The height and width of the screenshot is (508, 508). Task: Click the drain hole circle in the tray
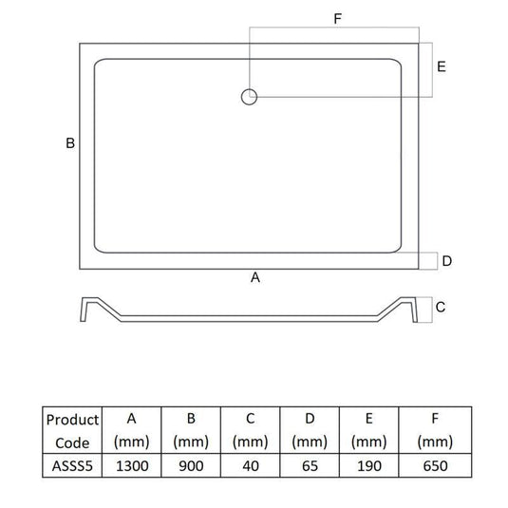[x=249, y=95]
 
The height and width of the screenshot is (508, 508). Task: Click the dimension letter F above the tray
[x=337, y=19]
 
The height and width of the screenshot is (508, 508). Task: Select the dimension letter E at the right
[x=442, y=67]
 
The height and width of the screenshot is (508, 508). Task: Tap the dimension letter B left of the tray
[x=69, y=143]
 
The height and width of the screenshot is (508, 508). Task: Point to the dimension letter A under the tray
[x=254, y=277]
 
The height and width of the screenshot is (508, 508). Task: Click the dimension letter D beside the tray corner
[x=446, y=260]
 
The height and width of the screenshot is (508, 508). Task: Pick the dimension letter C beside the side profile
[x=441, y=307]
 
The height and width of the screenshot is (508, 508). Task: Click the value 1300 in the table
[x=131, y=465]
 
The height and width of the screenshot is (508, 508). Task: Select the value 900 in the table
[x=190, y=465]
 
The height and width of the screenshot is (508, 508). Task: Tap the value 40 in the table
[x=250, y=465]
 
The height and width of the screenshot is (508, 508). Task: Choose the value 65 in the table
[x=310, y=465]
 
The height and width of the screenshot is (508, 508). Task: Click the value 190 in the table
[x=368, y=465]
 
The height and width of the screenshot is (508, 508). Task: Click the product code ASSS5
[x=72, y=465]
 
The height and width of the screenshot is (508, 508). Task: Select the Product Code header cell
[x=72, y=430]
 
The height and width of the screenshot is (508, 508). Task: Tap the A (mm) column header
[x=131, y=430]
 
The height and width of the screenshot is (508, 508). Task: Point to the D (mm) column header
[x=310, y=430]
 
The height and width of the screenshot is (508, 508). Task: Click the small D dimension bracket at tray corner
[x=430, y=261]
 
